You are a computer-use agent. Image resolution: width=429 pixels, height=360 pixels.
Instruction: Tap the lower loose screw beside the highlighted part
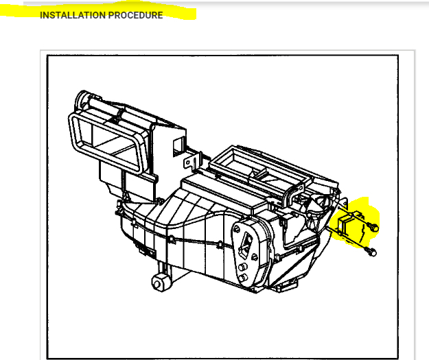tap(371, 252)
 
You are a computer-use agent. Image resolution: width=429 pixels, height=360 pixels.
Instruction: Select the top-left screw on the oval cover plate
tap(237, 226)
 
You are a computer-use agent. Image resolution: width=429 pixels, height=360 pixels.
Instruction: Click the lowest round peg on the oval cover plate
tap(243, 277)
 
